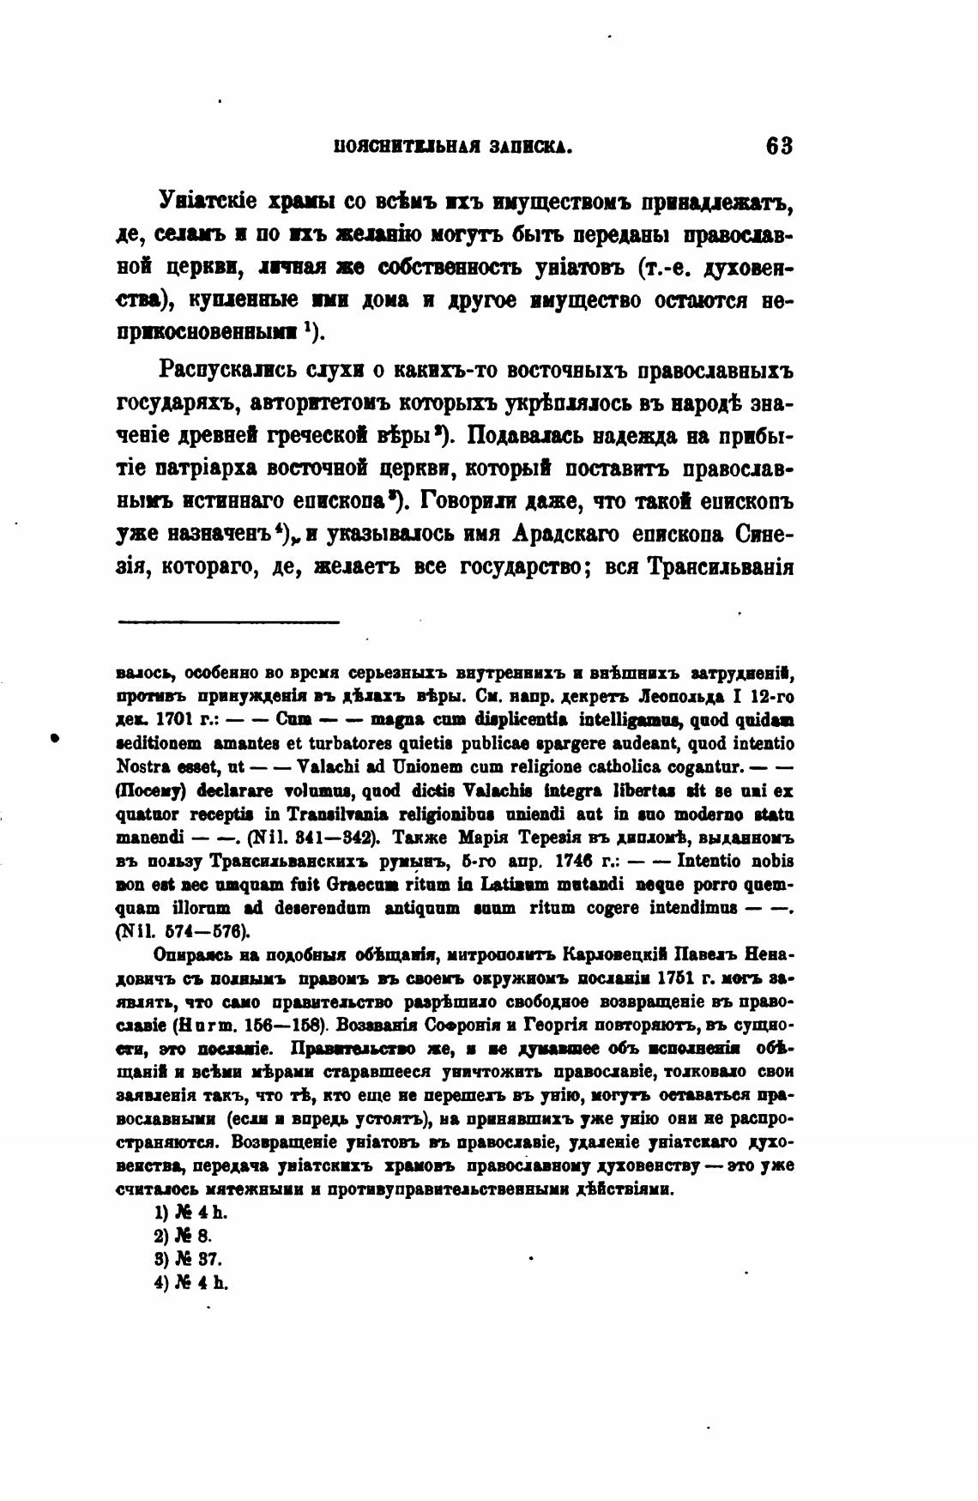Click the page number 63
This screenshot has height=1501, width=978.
pos(779,146)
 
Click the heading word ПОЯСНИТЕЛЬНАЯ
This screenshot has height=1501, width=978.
pos(394,148)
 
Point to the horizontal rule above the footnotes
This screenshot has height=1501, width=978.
pos(228,620)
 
